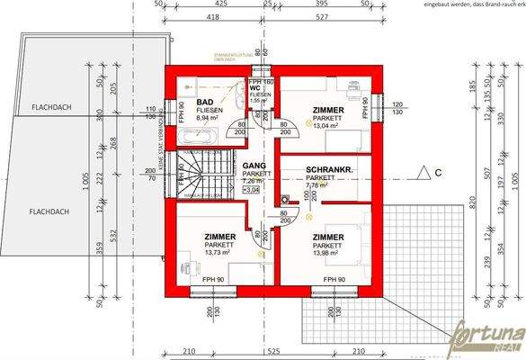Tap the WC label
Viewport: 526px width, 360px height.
tap(256, 89)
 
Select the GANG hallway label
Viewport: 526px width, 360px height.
tap(252, 166)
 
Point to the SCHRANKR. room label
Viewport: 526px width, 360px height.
tap(327, 169)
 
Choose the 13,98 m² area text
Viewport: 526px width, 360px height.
tap(329, 253)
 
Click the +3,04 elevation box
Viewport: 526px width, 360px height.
tap(252, 190)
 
